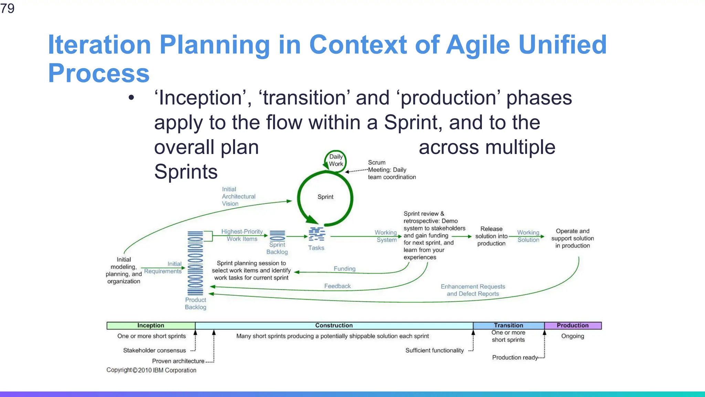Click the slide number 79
pos(7,8)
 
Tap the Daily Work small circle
pos(336,160)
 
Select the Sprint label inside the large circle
pos(325,197)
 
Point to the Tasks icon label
pos(316,248)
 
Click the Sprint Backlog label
pos(277,248)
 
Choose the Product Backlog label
pos(196,303)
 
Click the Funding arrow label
pos(344,268)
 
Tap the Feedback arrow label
pos(337,286)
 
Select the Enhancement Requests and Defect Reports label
pos(473,290)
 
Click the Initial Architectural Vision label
pos(238,196)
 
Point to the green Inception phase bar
pos(151,325)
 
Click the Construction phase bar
pos(334,325)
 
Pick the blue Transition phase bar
pos(508,325)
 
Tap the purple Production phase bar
pos(572,325)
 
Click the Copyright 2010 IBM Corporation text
pos(151,370)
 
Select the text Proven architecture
pos(178,361)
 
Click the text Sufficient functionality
pos(434,350)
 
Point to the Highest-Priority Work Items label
pos(242,235)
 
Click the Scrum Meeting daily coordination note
pos(391,170)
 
